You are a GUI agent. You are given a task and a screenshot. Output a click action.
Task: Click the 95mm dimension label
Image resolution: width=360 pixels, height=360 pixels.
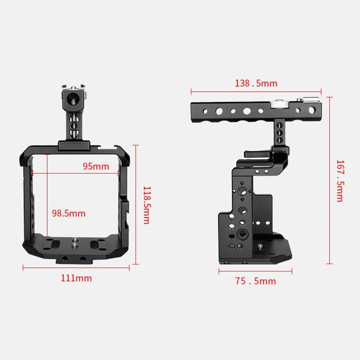(x=95, y=166)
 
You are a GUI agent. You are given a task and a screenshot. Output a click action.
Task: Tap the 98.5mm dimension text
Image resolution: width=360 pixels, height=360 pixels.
(x=68, y=213)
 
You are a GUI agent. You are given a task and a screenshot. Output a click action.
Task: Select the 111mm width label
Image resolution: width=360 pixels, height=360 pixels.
(x=76, y=278)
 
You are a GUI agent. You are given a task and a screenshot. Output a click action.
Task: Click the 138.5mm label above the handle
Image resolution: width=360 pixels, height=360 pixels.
(x=256, y=83)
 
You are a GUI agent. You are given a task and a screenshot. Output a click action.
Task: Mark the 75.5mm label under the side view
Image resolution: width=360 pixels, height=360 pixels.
(x=255, y=281)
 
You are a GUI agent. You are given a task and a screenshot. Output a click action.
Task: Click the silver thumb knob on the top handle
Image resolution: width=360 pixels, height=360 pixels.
(x=278, y=105)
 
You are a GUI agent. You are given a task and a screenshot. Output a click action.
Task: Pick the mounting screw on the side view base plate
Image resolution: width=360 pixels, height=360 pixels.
(x=260, y=246)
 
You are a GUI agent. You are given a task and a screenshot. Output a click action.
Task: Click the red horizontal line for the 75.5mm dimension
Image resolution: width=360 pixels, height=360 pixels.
(x=255, y=271)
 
